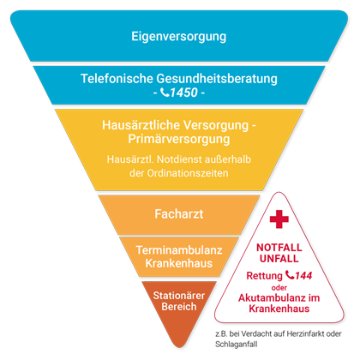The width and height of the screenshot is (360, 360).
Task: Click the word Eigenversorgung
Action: coord(179,37)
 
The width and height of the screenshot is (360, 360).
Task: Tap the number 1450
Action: coord(184,93)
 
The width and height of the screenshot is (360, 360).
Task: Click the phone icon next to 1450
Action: coord(165,92)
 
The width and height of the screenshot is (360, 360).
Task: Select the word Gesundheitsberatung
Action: coord(217,79)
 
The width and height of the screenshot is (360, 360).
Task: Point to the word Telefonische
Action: coord(117,79)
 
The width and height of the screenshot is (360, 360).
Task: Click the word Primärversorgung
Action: coord(179,140)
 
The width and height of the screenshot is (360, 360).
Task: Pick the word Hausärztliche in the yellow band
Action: coord(141,125)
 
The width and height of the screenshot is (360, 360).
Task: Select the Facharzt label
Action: coord(179,214)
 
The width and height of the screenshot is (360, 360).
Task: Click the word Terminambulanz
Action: coord(179,250)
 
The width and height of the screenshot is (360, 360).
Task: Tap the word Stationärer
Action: coord(179,296)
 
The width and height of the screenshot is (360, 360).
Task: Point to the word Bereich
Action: coord(179,307)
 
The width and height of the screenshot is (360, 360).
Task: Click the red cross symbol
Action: coord(279,219)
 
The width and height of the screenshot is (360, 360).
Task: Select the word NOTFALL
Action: coord(279,248)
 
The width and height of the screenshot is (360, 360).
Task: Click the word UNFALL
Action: coord(279,259)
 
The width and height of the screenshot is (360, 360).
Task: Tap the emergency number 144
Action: coord(303,276)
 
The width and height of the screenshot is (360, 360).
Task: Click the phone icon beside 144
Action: coord(290,275)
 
